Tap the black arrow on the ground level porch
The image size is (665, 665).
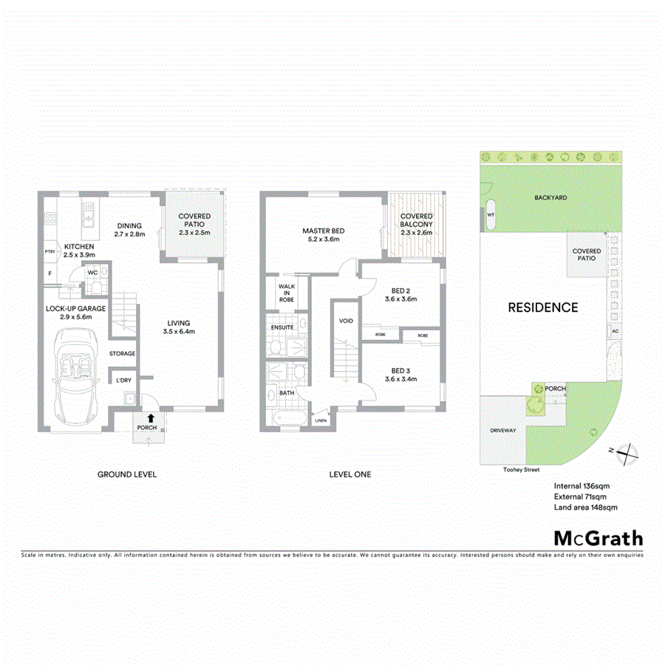pyautogui.click(x=151, y=417)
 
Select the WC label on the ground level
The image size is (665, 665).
pyautogui.click(x=93, y=273)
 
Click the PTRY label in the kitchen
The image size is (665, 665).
pyautogui.click(x=50, y=252)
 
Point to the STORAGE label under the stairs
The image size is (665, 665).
pyautogui.click(x=123, y=354)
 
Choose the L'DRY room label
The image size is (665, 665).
pyautogui.click(x=123, y=381)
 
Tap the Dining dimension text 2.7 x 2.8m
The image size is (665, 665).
pyautogui.click(x=129, y=234)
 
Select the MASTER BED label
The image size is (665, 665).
pyautogui.click(x=323, y=231)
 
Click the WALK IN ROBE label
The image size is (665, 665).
pyautogui.click(x=286, y=293)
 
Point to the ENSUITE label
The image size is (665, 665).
pyautogui.click(x=282, y=327)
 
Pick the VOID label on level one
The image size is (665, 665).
pyautogui.click(x=346, y=321)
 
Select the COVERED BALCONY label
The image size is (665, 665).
pyautogui.click(x=416, y=220)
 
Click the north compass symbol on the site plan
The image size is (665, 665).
pyautogui.click(x=627, y=450)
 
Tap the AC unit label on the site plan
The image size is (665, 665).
pyautogui.click(x=614, y=331)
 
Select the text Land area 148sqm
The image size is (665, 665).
pyautogui.click(x=585, y=508)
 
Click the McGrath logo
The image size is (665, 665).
pyautogui.click(x=598, y=537)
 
